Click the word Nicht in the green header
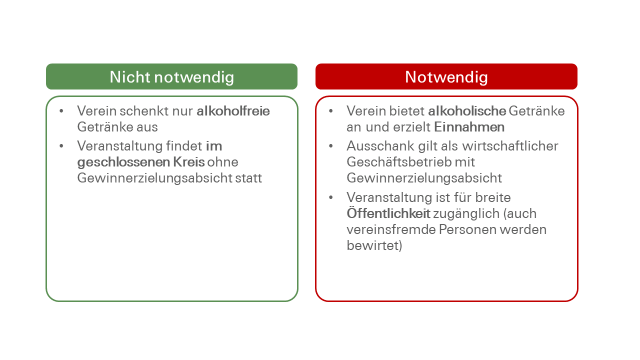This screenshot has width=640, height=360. (129, 77)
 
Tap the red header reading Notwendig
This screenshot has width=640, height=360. (446, 77)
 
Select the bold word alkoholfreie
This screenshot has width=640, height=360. (233, 111)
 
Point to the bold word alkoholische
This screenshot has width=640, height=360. (467, 111)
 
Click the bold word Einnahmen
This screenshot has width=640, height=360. (469, 127)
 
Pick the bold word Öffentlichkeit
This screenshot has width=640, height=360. (388, 213)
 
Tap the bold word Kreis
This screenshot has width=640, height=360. (189, 162)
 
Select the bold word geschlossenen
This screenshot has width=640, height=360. (124, 162)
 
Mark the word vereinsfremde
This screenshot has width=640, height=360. (390, 229)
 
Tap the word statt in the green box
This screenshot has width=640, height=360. (248, 178)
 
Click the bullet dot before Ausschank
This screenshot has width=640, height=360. (331, 146)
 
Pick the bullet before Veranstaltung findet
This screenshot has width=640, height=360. (61, 146)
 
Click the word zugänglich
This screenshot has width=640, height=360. (466, 213)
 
